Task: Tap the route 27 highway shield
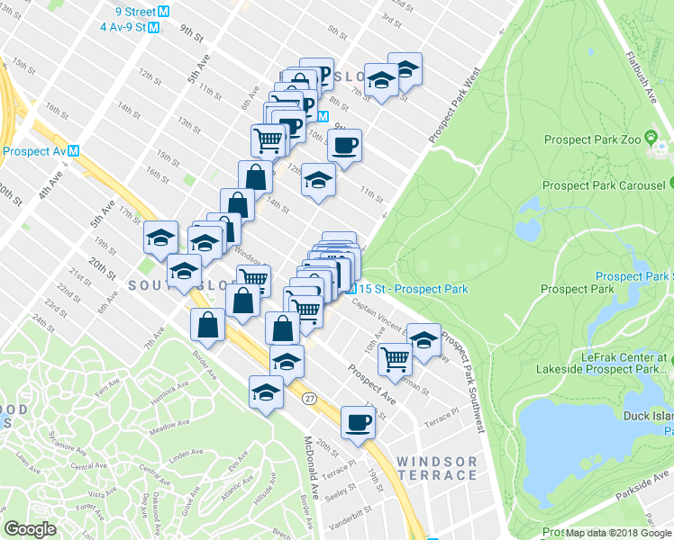click(309, 398)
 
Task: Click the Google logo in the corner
click(30, 529)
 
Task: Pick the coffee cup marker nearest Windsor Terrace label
click(358, 421)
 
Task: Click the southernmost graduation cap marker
click(266, 393)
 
